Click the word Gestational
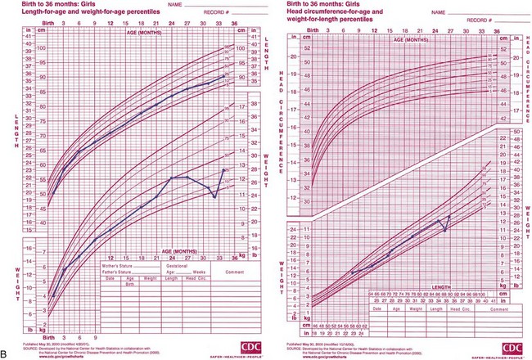[x=167, y=267]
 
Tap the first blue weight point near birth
[x=53, y=295]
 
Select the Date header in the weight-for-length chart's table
[x=379, y=309]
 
